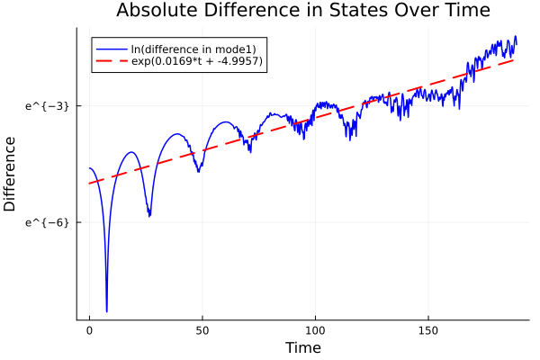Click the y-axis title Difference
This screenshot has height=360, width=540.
11,174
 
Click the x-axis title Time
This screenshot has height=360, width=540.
302,348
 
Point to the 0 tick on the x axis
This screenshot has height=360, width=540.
89,330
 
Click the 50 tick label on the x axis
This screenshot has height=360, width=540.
202,330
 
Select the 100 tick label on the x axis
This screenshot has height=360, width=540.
315,330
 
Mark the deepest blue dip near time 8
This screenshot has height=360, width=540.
106,311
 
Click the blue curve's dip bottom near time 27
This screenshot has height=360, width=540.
149,216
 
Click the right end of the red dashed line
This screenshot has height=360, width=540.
516,58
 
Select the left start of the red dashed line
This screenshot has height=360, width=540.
89,184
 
